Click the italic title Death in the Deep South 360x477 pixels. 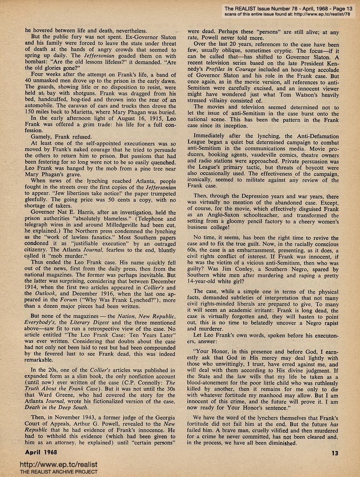click(x=55, y=408)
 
